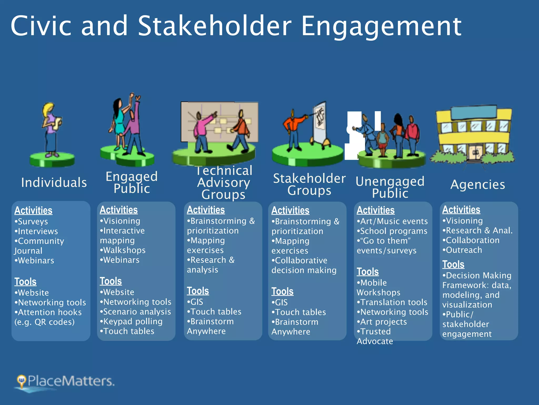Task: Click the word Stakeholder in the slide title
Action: (214, 26)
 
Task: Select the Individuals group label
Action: (54, 182)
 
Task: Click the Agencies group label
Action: (478, 185)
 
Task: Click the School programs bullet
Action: (392, 231)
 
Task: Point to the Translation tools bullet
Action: (392, 302)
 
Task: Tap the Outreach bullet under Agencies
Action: (462, 250)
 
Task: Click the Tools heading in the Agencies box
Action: (453, 264)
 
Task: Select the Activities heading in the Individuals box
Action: (33, 210)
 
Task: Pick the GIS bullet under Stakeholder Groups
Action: (280, 302)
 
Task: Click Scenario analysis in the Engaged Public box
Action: (136, 312)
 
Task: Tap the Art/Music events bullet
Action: (392, 221)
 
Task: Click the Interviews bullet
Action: (37, 231)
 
